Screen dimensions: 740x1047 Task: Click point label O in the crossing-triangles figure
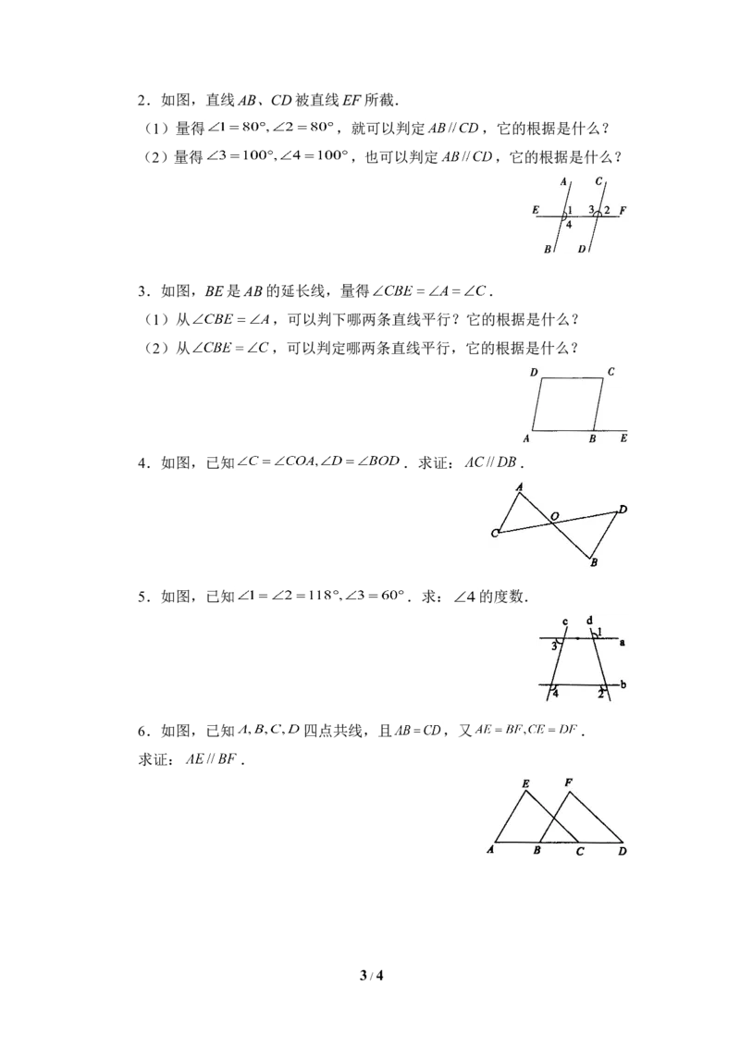tap(554, 515)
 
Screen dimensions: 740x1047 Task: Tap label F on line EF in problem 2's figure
tap(623, 210)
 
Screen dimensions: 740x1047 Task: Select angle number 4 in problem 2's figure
tap(568, 225)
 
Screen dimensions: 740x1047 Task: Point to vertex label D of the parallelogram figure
tap(534, 372)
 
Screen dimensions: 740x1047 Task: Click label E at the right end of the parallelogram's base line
tap(623, 438)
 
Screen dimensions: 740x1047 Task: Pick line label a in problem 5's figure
tap(622, 643)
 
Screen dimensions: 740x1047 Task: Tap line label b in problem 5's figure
tap(623, 684)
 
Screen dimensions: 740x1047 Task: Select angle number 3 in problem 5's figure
tap(554, 646)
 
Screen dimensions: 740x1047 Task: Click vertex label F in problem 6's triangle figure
tap(568, 782)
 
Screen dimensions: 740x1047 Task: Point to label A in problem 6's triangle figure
tap(490, 850)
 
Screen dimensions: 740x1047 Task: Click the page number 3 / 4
tap(371, 976)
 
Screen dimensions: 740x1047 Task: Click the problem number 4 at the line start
tap(142, 462)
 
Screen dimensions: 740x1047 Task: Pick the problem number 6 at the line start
tap(142, 732)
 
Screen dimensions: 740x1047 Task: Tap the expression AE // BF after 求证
tap(211, 759)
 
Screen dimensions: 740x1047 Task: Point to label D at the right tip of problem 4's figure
tap(623, 510)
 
